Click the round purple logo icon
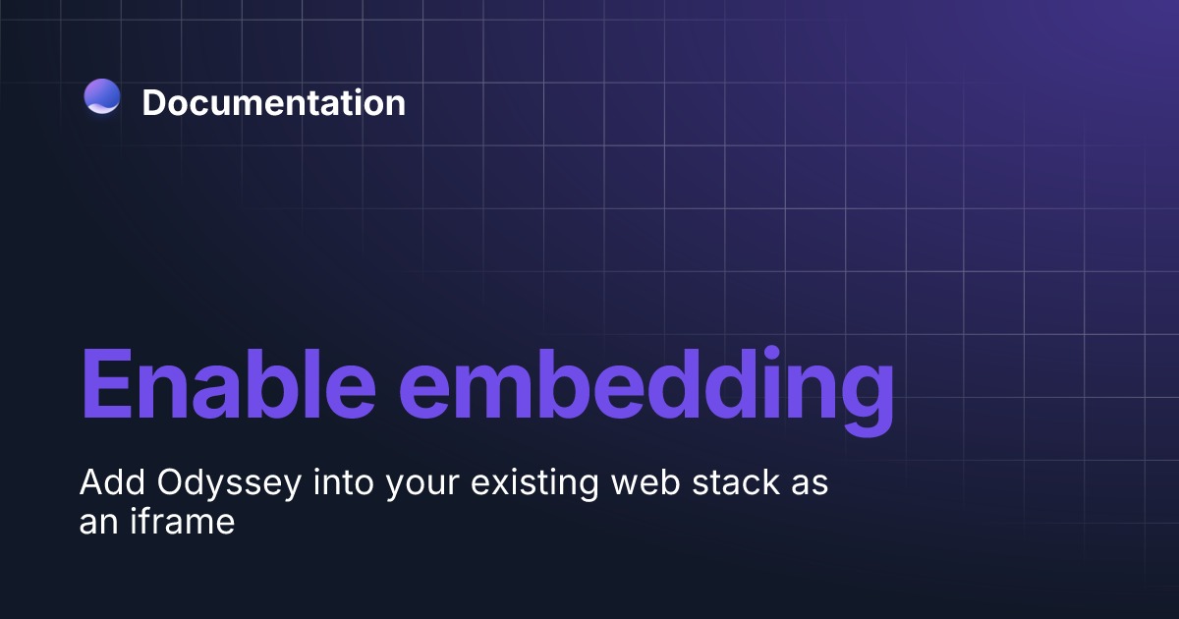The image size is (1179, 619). click(x=102, y=96)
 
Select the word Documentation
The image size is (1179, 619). click(x=273, y=102)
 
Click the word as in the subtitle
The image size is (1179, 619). click(x=811, y=487)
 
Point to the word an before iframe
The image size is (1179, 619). click(x=98, y=524)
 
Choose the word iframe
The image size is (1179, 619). click(x=181, y=520)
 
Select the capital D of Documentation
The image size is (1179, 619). click(x=155, y=103)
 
